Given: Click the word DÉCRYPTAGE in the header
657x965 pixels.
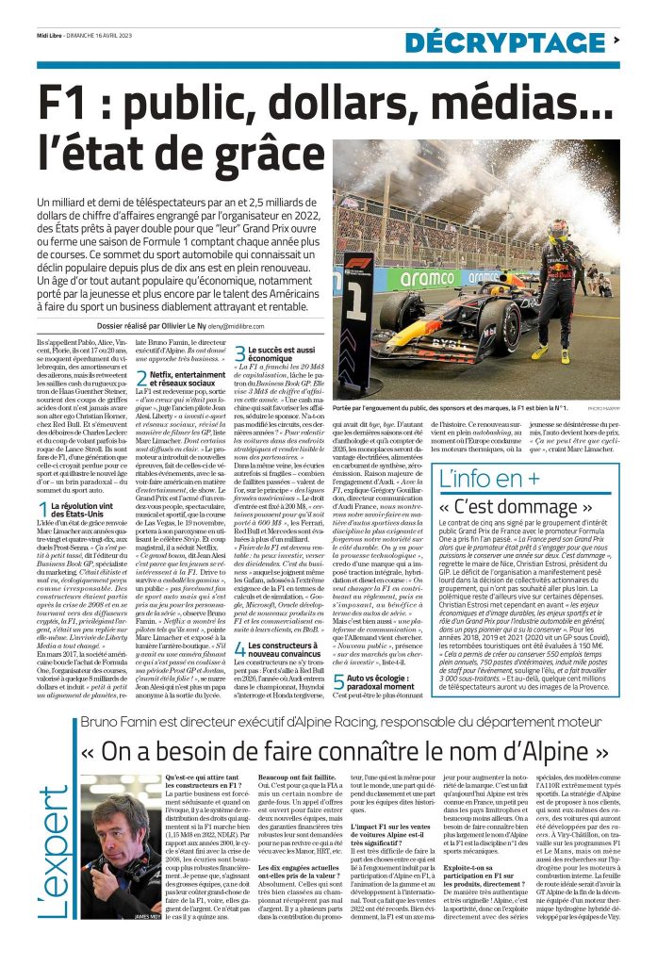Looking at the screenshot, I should tap(505, 41).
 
